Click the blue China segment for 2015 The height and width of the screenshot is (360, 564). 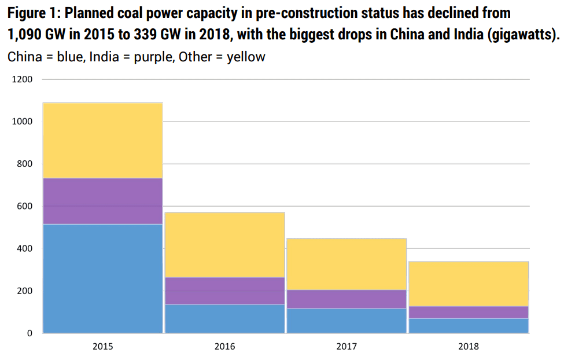102,278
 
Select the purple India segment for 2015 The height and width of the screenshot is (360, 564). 102,201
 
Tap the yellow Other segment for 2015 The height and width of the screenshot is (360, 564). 102,141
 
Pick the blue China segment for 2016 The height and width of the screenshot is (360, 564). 224,318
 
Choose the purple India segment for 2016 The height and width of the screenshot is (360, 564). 224,291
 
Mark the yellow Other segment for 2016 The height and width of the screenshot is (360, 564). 224,245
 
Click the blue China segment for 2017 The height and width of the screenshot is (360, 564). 346,321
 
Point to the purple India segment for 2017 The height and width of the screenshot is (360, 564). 346,299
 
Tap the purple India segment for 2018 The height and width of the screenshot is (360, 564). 468,312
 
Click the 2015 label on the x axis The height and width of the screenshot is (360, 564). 102,347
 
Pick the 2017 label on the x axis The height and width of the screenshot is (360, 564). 346,347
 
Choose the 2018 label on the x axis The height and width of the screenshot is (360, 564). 468,347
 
